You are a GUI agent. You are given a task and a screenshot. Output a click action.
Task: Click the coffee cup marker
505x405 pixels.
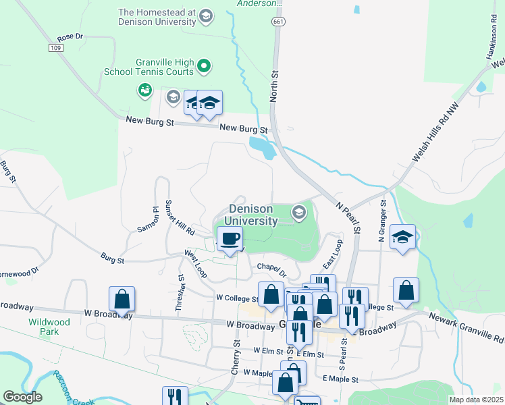click(230, 239)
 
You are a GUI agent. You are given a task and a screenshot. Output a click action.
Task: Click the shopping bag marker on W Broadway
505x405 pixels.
click(122, 298)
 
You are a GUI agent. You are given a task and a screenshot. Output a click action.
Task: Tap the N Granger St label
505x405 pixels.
click(382, 220)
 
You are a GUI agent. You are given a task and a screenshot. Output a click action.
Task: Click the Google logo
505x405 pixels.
click(23, 397)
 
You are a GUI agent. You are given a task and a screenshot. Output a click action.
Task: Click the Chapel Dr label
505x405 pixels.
click(272, 269)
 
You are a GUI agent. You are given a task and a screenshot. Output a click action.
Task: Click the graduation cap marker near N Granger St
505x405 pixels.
click(402, 238)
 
